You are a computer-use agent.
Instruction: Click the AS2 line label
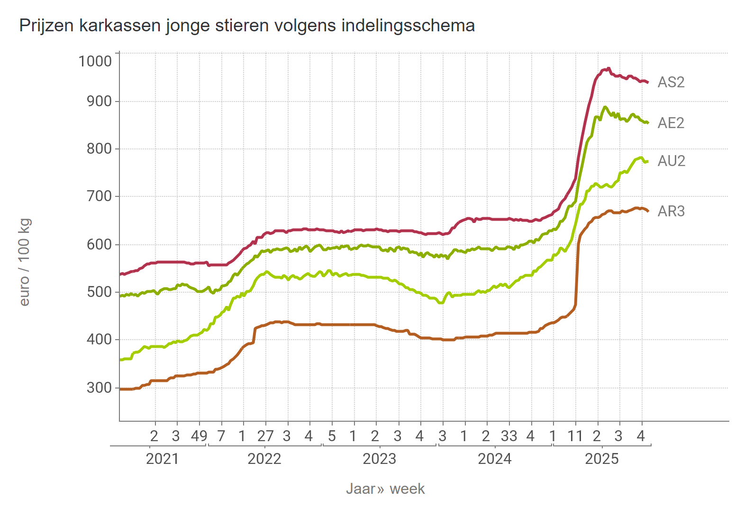671,83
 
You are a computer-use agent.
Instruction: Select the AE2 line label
671,123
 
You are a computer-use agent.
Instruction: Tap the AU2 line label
671,161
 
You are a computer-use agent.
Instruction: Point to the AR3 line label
671,212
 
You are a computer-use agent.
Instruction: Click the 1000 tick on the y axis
95,61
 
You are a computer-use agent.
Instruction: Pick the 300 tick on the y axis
99,388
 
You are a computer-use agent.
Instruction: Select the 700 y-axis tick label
99,196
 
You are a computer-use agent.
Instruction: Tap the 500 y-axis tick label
99,292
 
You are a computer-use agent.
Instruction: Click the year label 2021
162,459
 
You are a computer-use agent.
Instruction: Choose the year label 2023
379,459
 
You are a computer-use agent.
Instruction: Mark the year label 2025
602,459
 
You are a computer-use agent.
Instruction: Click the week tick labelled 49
200,436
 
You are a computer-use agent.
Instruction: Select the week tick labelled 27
265,436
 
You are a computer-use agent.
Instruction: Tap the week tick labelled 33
509,436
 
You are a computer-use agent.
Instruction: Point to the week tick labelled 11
575,436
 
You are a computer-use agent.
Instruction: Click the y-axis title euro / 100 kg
25,262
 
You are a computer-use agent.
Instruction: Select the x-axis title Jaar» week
385,489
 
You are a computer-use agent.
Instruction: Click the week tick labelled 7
221,436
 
